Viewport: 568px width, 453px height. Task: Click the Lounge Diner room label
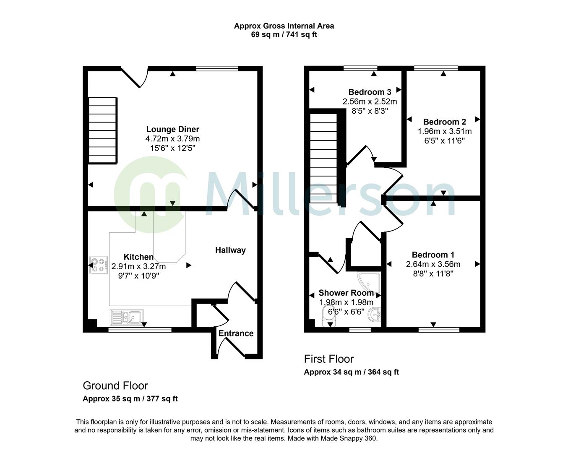[172, 129]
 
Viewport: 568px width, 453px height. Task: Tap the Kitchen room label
[138, 257]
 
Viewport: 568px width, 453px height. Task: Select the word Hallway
[230, 250]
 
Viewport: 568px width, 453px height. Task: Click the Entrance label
[236, 333]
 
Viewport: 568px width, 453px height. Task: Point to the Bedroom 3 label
[370, 92]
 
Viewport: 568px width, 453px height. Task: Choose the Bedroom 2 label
[444, 122]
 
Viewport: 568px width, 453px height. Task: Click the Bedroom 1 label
[433, 255]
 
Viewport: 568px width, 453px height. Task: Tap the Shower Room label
[346, 293]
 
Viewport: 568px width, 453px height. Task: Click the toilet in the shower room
[330, 315]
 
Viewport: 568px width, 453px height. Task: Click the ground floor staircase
[102, 130]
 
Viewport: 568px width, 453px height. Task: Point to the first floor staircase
[323, 157]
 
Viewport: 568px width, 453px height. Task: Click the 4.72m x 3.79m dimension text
[172, 138]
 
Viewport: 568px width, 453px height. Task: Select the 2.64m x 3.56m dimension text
[433, 264]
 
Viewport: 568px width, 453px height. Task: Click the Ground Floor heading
[115, 385]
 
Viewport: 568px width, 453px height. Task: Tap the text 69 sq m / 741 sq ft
[284, 35]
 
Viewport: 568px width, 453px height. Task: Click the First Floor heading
[328, 359]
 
